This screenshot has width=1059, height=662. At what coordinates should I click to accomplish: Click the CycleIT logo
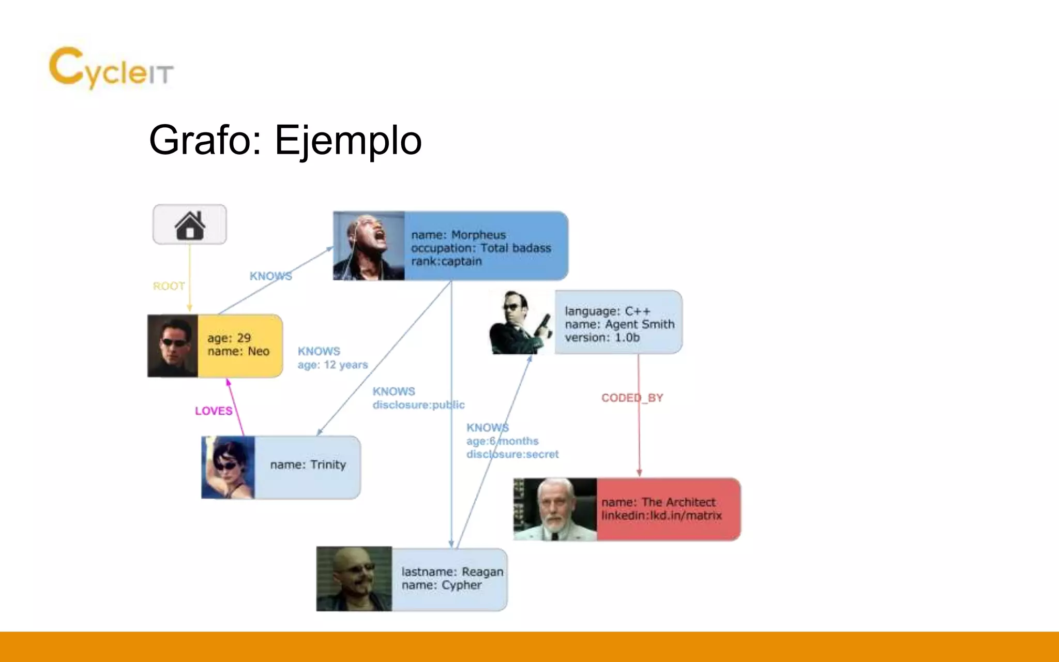[111, 68]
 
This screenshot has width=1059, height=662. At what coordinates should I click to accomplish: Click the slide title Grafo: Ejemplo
[285, 140]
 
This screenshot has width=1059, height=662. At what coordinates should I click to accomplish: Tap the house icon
[190, 225]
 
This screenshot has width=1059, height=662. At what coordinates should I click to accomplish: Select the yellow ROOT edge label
[169, 286]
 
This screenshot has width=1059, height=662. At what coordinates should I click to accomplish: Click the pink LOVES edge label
[214, 411]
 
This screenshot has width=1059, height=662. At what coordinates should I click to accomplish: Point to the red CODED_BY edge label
[632, 398]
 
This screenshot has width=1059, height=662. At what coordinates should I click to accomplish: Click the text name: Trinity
[308, 464]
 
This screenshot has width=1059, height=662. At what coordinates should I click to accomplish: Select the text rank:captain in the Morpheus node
[446, 261]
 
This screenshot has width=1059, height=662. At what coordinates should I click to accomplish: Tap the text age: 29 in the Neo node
[229, 338]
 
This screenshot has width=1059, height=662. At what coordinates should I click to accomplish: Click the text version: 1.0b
[602, 338]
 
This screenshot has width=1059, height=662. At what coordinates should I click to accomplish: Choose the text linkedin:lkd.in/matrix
[661, 516]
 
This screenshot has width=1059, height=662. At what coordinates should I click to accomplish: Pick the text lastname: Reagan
[452, 571]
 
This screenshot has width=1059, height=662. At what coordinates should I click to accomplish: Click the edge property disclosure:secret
[512, 454]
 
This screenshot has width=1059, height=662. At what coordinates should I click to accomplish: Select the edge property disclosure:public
[418, 405]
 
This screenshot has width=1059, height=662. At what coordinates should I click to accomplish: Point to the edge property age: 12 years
[332, 365]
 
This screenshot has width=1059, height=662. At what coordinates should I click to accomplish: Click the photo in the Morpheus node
[369, 246]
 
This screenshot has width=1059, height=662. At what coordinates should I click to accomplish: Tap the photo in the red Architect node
[555, 509]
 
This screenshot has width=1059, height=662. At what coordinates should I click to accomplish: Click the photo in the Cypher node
[354, 579]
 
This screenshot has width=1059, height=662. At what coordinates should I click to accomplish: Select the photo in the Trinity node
[228, 468]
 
